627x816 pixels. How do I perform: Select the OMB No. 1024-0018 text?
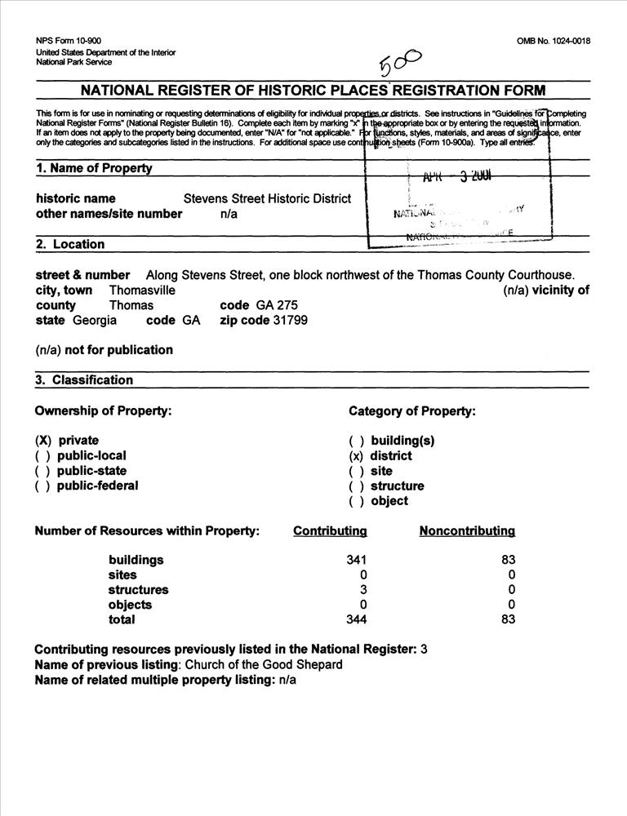point(554,42)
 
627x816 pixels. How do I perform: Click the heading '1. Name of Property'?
point(94,168)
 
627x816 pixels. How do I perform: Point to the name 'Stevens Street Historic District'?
point(267,198)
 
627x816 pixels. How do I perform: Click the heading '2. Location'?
point(70,244)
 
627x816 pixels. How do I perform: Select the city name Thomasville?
point(142,290)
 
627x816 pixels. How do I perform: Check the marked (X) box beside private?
point(43,441)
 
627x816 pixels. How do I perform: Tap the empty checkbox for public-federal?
point(43,486)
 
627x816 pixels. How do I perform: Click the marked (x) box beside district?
point(356,456)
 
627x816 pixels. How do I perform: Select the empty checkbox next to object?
point(356,501)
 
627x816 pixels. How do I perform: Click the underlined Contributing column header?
point(330,531)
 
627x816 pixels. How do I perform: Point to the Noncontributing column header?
point(467,531)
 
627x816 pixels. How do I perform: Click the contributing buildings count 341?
point(356,561)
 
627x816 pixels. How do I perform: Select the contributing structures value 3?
point(363,590)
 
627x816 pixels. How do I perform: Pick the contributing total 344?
point(356,619)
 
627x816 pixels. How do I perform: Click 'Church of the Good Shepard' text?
point(264,664)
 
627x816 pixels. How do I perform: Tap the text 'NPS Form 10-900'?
point(69,41)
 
